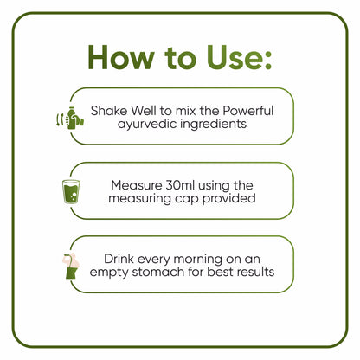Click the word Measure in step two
click(x=138, y=184)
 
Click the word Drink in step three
click(x=122, y=258)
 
